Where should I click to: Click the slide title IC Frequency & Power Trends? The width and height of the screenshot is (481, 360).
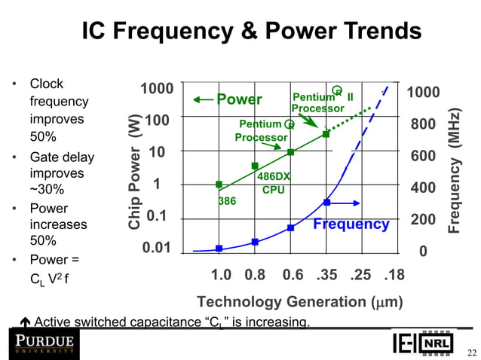[x=251, y=31]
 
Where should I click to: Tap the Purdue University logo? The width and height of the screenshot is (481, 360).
[x=42, y=345]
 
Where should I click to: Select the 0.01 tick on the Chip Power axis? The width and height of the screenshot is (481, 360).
[x=156, y=248]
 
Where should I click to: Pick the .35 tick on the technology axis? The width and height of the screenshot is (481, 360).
[x=326, y=275]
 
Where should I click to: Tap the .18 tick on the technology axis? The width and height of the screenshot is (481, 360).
[x=394, y=275]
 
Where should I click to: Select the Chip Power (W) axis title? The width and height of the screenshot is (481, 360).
[x=135, y=172]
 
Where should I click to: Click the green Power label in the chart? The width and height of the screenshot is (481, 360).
[x=239, y=100]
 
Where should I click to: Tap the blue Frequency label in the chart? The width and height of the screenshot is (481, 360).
[x=351, y=224]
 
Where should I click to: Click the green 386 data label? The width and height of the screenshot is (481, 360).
[x=227, y=202]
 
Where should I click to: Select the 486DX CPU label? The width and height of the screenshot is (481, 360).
[x=273, y=183]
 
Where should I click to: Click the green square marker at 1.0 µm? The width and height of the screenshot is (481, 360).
[x=219, y=185]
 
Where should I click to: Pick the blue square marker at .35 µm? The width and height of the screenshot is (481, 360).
[x=326, y=203]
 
